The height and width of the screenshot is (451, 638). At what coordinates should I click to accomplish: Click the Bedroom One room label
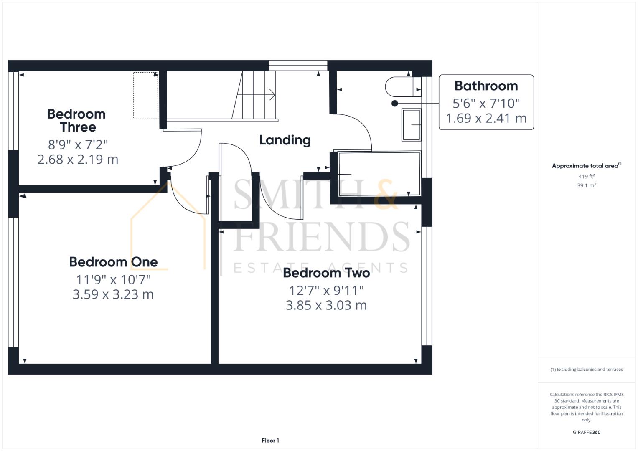click(x=113, y=262)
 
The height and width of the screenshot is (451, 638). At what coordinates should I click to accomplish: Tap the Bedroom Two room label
click(x=326, y=273)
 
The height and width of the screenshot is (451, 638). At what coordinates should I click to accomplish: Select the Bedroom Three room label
click(x=76, y=120)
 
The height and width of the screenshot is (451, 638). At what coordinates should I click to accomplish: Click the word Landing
click(x=285, y=140)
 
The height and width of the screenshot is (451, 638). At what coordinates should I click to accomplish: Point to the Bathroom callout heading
click(x=486, y=86)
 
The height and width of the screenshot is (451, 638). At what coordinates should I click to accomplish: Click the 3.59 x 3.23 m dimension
click(x=113, y=294)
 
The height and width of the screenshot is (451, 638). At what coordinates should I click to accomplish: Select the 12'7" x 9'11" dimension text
click(x=326, y=290)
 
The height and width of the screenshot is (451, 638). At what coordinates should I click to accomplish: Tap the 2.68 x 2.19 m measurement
click(x=78, y=159)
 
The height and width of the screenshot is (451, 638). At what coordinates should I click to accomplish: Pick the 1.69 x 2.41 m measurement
click(x=486, y=118)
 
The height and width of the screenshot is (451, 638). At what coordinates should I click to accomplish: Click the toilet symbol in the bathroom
click(x=399, y=87)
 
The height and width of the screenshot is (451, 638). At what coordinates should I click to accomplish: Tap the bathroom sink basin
click(x=411, y=124)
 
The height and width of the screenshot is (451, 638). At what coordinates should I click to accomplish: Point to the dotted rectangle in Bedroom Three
click(x=146, y=96)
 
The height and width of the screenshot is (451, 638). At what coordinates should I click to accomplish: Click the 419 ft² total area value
click(x=586, y=176)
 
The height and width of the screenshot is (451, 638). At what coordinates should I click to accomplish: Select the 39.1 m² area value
click(x=586, y=185)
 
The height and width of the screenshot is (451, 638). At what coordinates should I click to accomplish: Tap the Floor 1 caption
click(x=270, y=441)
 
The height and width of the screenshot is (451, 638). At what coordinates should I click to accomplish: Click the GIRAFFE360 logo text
click(x=586, y=432)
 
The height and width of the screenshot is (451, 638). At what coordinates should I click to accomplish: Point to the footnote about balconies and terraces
click(x=586, y=370)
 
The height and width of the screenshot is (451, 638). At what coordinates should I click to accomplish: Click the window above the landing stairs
click(x=297, y=65)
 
